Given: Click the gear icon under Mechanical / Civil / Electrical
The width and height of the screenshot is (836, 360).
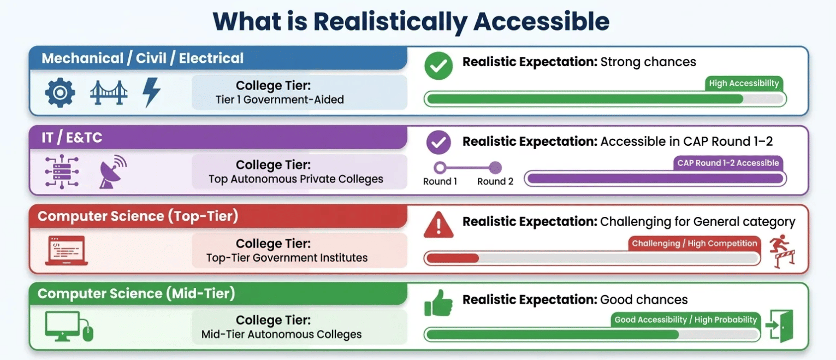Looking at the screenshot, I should click(60, 93).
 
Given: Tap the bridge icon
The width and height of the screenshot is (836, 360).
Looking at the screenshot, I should click(109, 93).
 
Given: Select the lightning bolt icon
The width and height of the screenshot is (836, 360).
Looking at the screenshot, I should click(151, 92).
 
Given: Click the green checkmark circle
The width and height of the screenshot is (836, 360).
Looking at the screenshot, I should click(438, 66).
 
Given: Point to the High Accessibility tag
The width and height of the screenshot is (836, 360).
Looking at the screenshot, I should click(743, 84).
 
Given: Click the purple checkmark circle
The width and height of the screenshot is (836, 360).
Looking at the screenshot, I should click(438, 143).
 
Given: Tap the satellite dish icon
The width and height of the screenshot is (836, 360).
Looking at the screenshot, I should click(112, 172).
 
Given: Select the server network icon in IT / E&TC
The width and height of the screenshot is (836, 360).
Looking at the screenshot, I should click(61, 172).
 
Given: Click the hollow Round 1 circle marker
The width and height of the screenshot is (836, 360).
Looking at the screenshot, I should click(440, 168).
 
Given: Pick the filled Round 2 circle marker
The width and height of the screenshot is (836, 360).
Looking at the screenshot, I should click(495, 168).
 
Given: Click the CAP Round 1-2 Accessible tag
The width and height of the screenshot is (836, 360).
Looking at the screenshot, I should click(727, 163).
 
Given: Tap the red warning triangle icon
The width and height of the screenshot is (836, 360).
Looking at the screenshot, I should click(438, 225).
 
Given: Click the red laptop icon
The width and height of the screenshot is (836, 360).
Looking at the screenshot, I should click(66, 251).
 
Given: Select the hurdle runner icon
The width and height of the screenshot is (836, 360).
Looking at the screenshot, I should click(782, 252).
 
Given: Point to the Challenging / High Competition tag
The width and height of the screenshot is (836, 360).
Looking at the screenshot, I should click(694, 244).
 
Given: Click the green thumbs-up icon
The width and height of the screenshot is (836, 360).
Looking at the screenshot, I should click(438, 303).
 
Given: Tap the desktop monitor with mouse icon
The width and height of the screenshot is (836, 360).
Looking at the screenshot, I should click(68, 327).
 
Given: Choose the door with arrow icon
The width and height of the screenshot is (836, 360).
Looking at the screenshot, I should click(779, 326).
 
